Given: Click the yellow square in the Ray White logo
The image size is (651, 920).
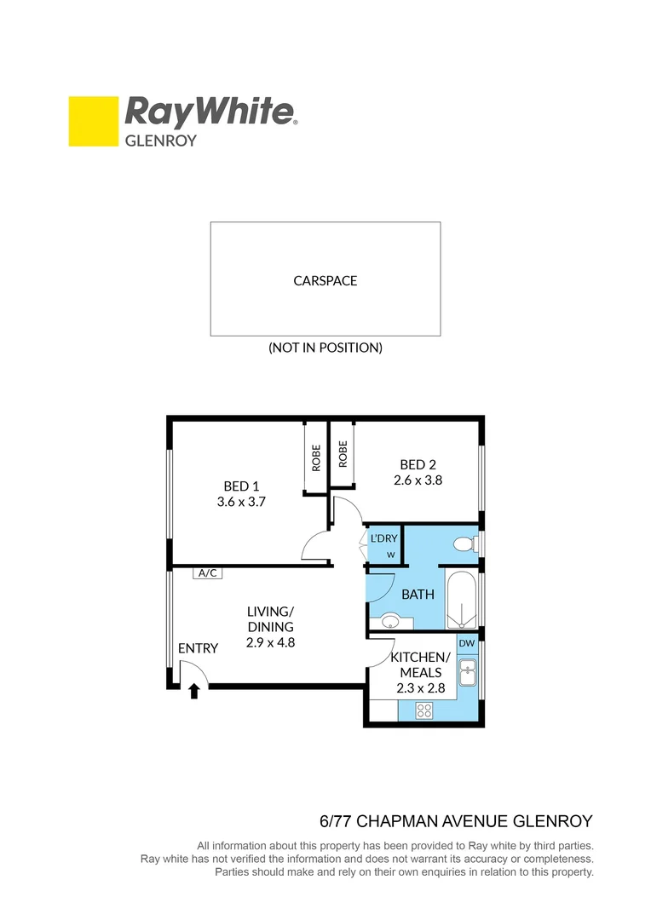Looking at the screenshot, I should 93,122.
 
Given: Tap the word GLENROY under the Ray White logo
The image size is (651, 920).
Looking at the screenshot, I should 161,141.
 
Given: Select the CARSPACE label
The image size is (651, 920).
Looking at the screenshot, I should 325,280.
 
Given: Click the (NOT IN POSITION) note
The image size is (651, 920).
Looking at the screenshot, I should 325,348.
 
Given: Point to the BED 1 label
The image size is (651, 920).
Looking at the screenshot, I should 242,486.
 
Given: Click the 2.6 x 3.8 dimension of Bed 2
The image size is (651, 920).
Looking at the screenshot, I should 418,480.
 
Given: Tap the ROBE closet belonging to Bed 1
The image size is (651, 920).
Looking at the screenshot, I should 316,458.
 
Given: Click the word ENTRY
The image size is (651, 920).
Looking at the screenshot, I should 198,648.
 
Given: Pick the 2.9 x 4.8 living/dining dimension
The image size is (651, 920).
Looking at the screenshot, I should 270,642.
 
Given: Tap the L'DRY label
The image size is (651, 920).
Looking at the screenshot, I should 384,538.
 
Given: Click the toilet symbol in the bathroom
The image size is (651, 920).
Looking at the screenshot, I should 465,543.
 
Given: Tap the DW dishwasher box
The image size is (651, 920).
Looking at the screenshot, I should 467,644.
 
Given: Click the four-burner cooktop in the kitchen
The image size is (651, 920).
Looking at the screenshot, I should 423,711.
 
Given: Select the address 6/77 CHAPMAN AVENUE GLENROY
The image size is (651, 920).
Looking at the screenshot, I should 456,822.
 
